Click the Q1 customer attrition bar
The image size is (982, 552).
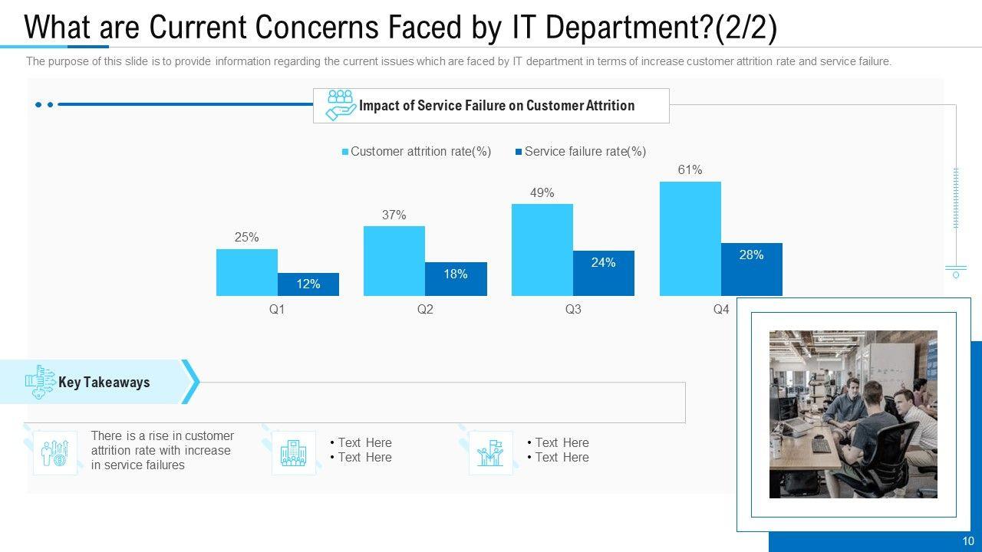tap(246, 272)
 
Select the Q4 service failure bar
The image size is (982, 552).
tap(751, 270)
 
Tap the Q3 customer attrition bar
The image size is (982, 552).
tap(542, 249)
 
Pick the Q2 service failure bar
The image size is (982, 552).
tap(456, 279)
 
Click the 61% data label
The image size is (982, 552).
tap(690, 170)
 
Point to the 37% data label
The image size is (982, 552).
tap(394, 215)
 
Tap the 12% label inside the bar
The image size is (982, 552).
tap(308, 284)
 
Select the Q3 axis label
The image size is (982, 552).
tap(573, 309)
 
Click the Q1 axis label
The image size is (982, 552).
tap(277, 309)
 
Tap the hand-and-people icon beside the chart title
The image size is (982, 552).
tap(340, 105)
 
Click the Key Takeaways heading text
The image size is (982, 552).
tap(104, 382)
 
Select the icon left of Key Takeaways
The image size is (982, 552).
tap(40, 382)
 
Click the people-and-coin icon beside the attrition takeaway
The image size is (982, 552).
tap(55, 452)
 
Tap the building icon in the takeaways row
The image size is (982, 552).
tap(293, 452)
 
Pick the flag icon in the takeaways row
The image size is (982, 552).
tap(490, 452)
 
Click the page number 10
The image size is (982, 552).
tap(968, 541)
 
